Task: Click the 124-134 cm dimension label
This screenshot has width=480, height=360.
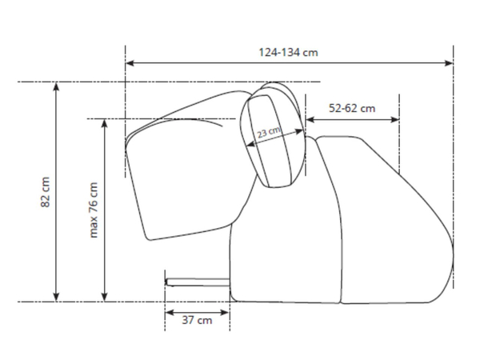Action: click(288, 52)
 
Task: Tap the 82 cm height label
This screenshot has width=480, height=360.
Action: click(45, 192)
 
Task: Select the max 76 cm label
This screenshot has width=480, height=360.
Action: click(94, 210)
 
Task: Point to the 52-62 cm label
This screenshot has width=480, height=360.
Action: click(352, 108)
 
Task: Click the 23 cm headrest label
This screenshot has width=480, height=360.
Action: click(269, 132)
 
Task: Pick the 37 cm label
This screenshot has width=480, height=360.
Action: click(197, 320)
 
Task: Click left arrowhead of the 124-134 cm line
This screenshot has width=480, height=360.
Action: click(130, 63)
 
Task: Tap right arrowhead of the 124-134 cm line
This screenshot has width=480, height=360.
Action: click(449, 63)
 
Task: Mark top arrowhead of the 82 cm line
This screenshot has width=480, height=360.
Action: click(56, 86)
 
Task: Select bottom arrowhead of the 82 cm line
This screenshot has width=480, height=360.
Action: click(56, 297)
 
